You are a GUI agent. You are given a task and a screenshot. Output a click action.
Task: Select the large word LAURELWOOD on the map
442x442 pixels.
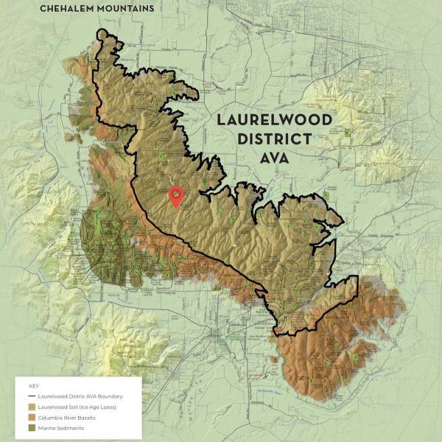point(273,120)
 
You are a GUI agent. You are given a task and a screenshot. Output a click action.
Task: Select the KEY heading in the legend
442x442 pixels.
point(33,386)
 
